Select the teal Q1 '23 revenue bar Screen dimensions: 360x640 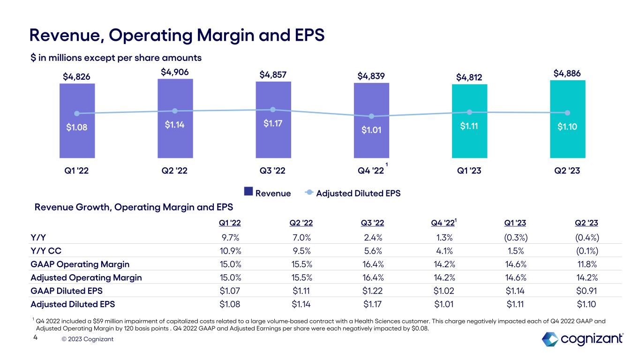[469, 141]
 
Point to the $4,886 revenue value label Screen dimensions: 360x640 [567, 73]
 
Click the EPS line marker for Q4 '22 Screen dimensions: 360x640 [371, 116]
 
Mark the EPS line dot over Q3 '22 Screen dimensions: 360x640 [273, 110]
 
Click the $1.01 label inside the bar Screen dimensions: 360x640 [371, 130]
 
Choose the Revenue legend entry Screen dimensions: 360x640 [267, 193]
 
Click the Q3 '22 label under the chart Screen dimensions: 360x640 [273, 171]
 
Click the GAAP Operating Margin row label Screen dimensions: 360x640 [80, 264]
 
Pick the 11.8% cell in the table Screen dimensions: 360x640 [586, 264]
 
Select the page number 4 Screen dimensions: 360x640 [35, 337]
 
